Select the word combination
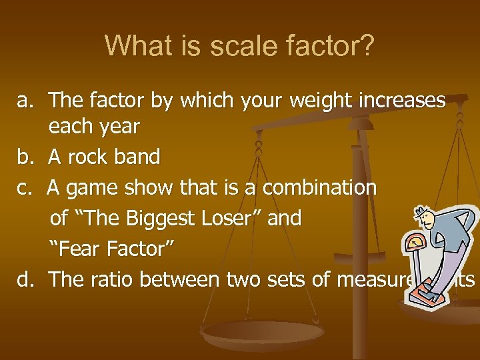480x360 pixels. (319, 188)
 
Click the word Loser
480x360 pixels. (223, 219)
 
